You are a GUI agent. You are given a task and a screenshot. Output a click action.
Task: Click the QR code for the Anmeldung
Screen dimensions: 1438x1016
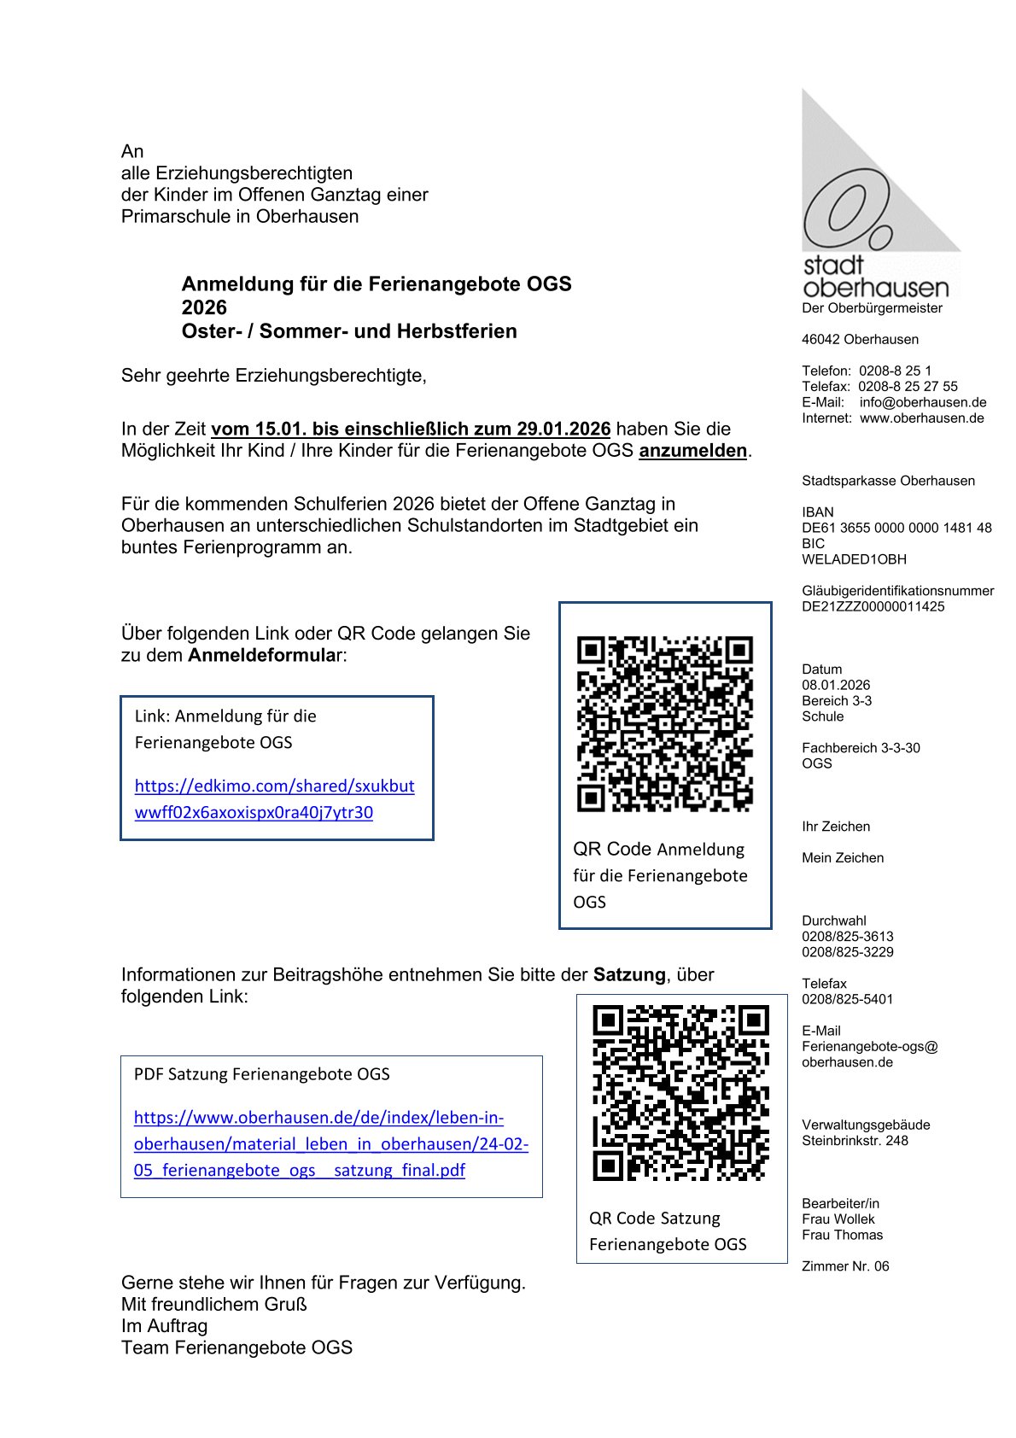coord(664,723)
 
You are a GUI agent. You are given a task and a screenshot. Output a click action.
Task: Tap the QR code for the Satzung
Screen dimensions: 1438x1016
coord(680,1093)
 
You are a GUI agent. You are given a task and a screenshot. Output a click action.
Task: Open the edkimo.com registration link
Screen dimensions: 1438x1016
coord(274,798)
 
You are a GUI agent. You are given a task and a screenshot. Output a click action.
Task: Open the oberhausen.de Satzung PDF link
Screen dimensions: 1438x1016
coord(330,1143)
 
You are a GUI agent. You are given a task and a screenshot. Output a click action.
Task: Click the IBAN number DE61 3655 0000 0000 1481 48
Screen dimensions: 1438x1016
coord(896,528)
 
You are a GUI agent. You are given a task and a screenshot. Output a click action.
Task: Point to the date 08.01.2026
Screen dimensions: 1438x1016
coord(836,685)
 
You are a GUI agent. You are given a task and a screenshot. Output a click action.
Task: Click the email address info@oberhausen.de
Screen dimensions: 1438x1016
coord(923,402)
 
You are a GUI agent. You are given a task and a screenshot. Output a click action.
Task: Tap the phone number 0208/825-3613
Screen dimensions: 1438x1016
coord(847,936)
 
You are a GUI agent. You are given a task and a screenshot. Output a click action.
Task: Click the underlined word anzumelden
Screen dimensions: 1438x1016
coord(692,451)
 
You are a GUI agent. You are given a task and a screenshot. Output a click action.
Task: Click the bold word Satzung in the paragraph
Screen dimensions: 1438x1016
coord(629,974)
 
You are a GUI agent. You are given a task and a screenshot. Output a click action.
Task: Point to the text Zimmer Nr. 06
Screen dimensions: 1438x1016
coord(844,1266)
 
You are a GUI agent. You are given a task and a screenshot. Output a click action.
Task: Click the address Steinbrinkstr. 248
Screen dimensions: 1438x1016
coord(855,1140)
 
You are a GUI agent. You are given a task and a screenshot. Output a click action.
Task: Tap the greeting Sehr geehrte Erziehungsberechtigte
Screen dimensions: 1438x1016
coord(273,376)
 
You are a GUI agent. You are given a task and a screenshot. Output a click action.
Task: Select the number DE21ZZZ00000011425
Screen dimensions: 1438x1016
coord(873,606)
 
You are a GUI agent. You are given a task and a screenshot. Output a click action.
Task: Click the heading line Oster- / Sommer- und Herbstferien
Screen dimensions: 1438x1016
coord(349,331)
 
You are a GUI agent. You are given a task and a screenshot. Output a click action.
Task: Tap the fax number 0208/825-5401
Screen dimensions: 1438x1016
coord(847,999)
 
